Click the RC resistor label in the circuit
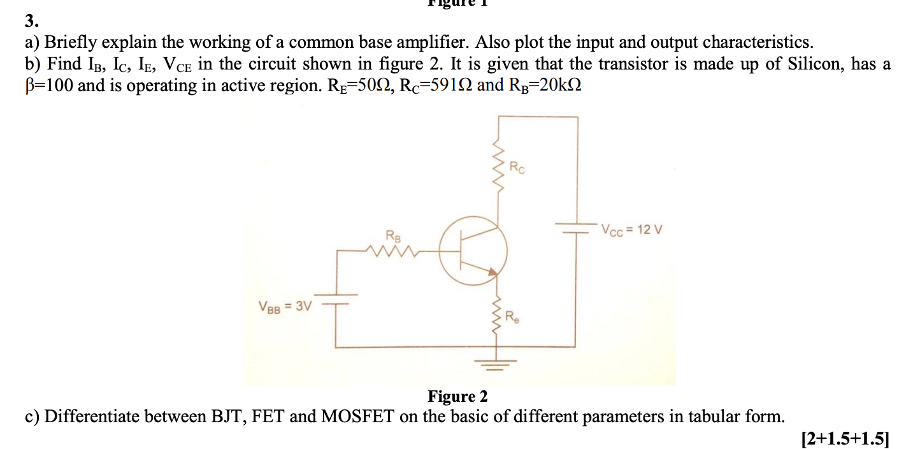(518, 168)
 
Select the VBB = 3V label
(285, 306)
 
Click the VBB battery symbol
(336, 300)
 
